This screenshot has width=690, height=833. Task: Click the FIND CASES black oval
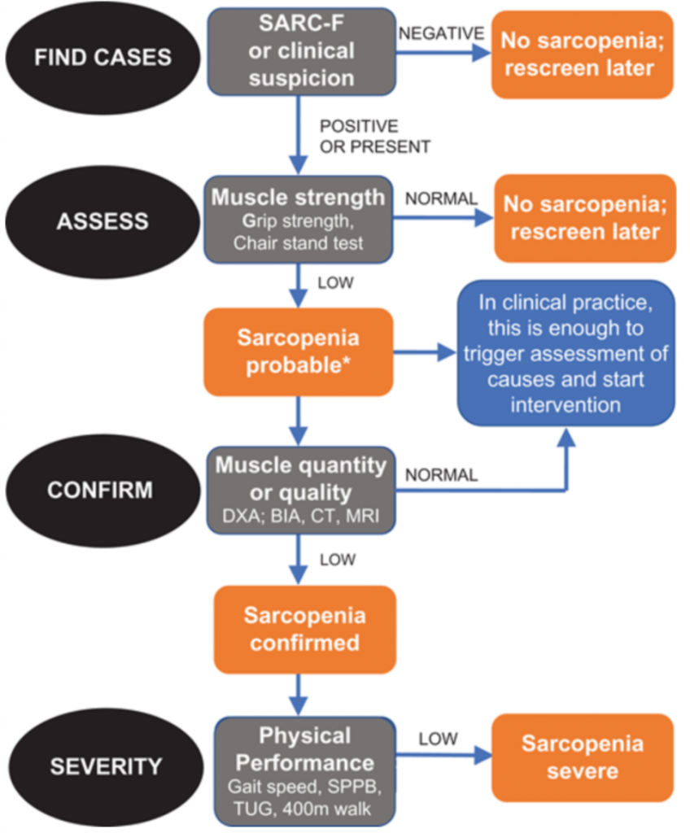pyautogui.click(x=103, y=58)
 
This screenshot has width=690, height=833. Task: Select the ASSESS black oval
pyautogui.click(x=103, y=221)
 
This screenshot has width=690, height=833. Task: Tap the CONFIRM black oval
pyautogui.click(x=103, y=491)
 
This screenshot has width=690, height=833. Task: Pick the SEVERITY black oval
pyautogui.click(x=106, y=766)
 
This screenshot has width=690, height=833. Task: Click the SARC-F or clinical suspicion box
pyautogui.click(x=301, y=51)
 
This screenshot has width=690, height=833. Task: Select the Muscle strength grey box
pyautogui.click(x=299, y=220)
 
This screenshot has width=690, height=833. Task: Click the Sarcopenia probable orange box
pyautogui.click(x=299, y=351)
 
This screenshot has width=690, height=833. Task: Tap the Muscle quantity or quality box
pyautogui.click(x=301, y=491)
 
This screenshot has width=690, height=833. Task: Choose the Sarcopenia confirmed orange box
pyautogui.click(x=304, y=630)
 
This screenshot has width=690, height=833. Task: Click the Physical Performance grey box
pyautogui.click(x=305, y=771)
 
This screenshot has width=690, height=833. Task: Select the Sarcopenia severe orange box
pyautogui.click(x=583, y=757)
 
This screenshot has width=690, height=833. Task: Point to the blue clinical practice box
pyautogui.click(x=566, y=353)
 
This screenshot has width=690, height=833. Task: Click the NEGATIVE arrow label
pyautogui.click(x=441, y=33)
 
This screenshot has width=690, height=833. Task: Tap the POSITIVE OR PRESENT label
pyautogui.click(x=375, y=137)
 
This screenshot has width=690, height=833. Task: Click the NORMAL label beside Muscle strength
pyautogui.click(x=441, y=198)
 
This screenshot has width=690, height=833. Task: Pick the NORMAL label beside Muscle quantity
pyautogui.click(x=441, y=475)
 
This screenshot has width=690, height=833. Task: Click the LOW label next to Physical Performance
pyautogui.click(x=438, y=739)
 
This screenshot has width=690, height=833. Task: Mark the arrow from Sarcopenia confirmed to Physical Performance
pyautogui.click(x=299, y=695)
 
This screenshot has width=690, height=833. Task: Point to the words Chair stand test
pyautogui.click(x=299, y=243)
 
